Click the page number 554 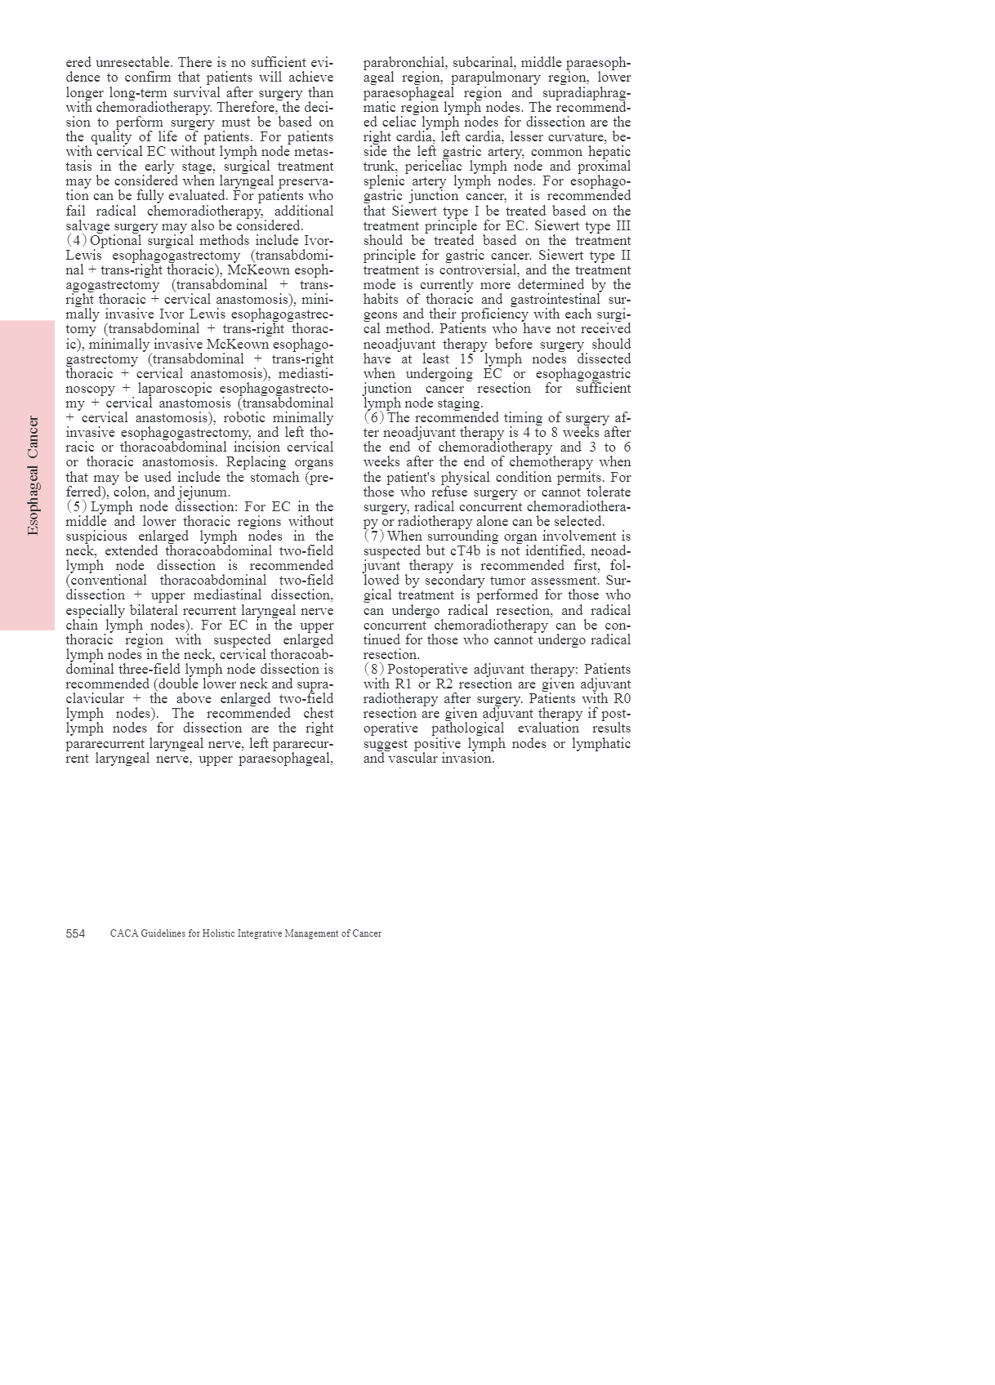tap(75, 933)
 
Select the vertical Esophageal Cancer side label tap(33, 475)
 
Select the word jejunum tap(203, 492)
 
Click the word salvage tap(88, 226)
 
